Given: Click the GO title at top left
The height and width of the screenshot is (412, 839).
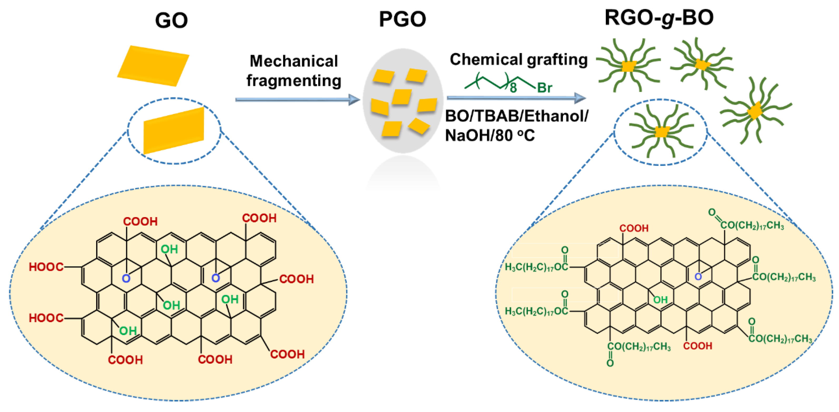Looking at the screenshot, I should point(172,21).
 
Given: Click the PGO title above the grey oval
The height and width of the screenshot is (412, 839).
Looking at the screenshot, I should point(403,19).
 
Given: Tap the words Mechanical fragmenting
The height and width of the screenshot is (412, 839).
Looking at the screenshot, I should point(294,71).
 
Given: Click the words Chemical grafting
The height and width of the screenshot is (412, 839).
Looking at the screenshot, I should point(518,59).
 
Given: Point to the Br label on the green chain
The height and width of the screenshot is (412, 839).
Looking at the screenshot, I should point(545,88).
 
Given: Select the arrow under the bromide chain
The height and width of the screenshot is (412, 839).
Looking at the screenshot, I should point(516,98).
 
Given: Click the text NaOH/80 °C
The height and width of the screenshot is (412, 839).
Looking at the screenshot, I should point(490,135).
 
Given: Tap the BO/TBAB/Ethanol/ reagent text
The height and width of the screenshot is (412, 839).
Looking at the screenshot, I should point(517,116).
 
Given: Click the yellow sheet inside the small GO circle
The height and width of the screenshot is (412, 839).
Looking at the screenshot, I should point(174,130).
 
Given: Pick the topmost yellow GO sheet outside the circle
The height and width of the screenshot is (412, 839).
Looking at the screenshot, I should point(153,66).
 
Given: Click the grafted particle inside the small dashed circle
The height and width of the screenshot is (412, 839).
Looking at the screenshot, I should point(661,132).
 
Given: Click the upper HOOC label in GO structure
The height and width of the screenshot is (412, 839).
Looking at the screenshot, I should point(46,267).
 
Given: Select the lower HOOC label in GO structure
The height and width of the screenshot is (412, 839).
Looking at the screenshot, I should point(46,318).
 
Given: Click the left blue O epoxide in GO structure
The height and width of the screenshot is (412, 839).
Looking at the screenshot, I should point(126,279).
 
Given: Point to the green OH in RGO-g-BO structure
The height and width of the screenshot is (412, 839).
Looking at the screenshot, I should point(660,300).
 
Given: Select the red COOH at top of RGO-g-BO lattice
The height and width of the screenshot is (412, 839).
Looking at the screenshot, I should point(634,228).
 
